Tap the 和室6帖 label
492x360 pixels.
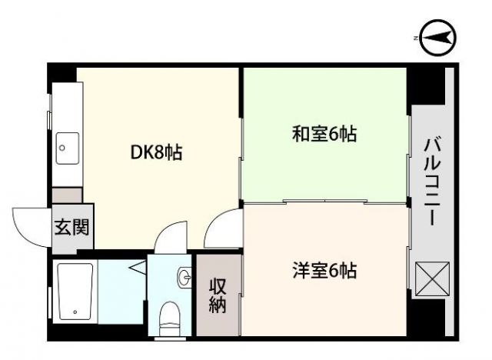(324, 134)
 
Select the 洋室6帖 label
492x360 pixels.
(324, 271)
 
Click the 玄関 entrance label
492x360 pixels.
(72, 227)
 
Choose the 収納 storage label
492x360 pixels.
(217, 295)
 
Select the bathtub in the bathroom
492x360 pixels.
(75, 292)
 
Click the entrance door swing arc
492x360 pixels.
(31, 223)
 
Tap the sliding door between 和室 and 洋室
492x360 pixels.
(324, 202)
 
